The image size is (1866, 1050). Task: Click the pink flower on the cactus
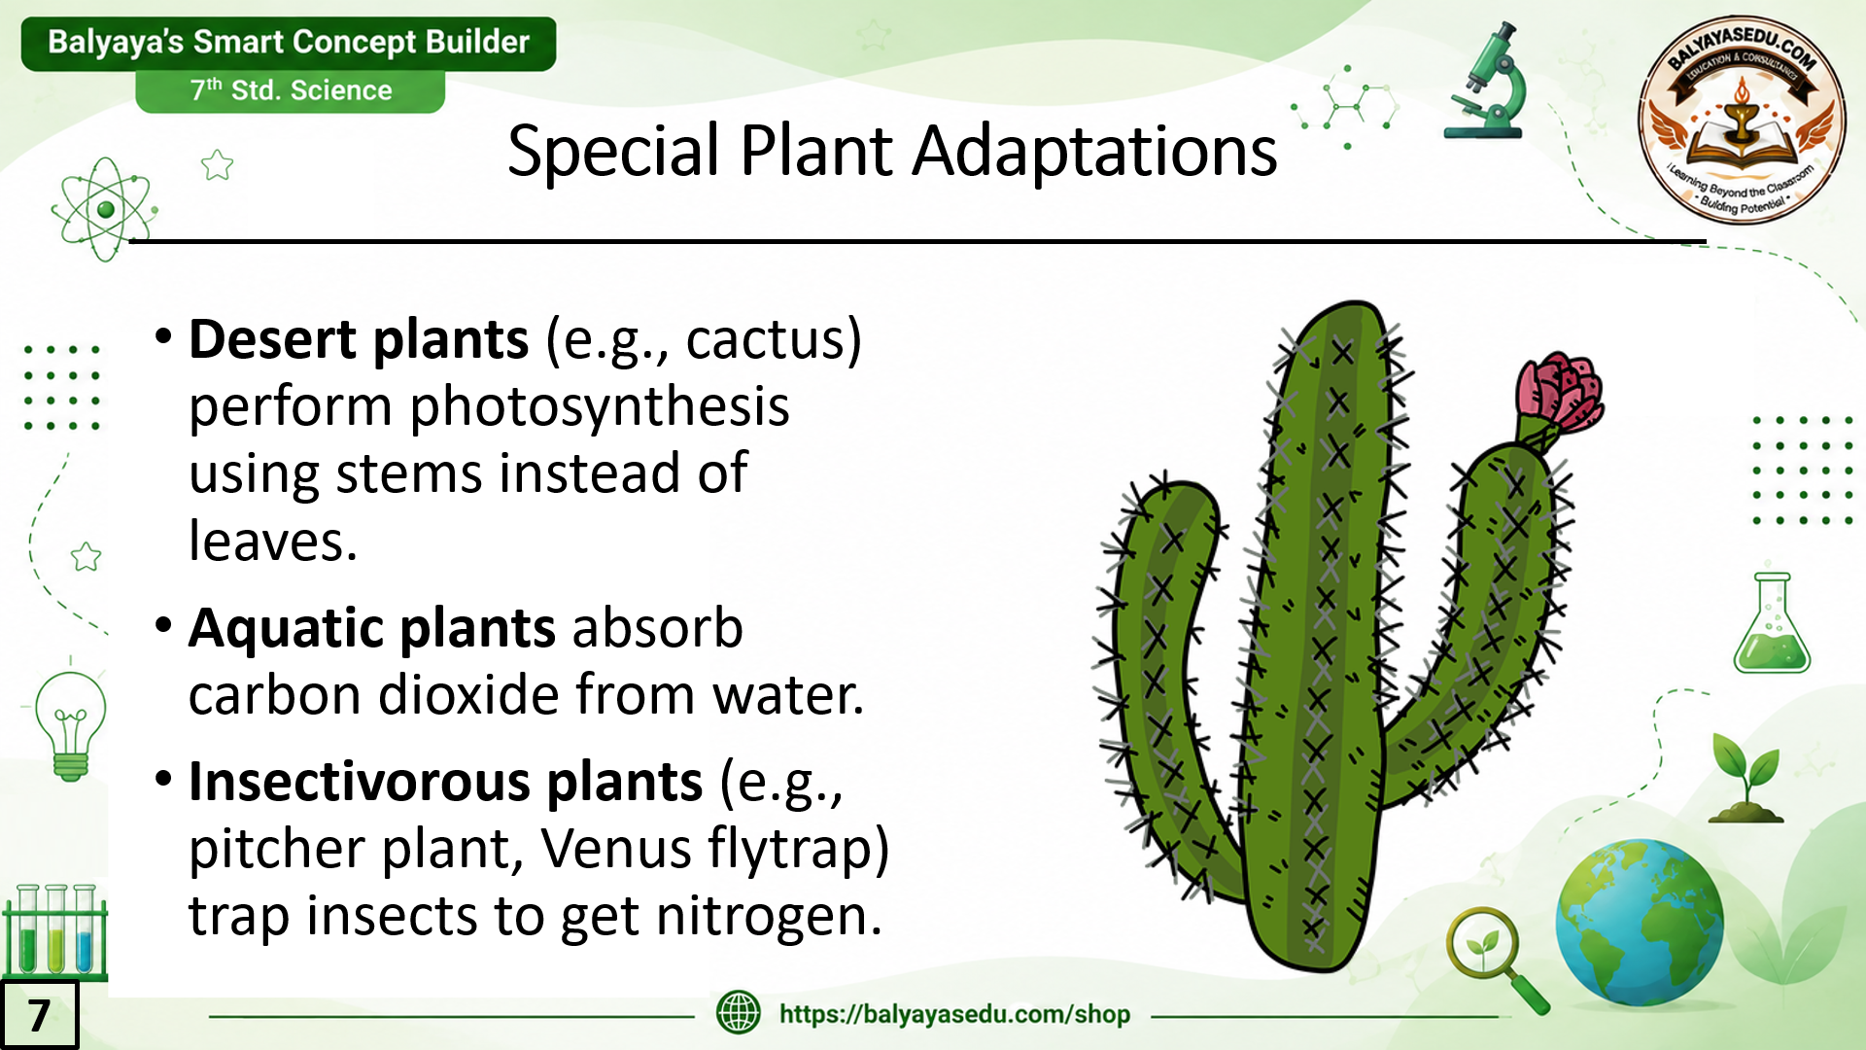(1560, 394)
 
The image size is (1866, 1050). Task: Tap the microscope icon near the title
(1485, 82)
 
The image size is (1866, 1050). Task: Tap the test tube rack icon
(55, 931)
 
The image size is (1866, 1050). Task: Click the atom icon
(105, 209)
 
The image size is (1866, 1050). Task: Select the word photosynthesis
(600, 408)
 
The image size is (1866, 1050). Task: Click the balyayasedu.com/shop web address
(954, 1014)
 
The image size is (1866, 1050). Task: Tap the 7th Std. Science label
(291, 90)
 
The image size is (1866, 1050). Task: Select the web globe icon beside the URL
(739, 1012)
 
